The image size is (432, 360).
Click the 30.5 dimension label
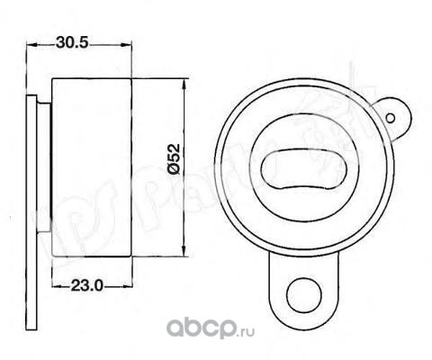[x=72, y=43]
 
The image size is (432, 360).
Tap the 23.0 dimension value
[x=86, y=285]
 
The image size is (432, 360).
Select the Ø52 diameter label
[x=174, y=159]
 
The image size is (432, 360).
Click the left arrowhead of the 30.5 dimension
[x=31, y=45]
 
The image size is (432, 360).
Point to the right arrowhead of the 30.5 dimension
[x=126, y=45]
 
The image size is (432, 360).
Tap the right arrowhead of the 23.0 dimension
[x=127, y=286]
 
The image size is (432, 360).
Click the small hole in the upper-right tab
[x=391, y=118]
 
